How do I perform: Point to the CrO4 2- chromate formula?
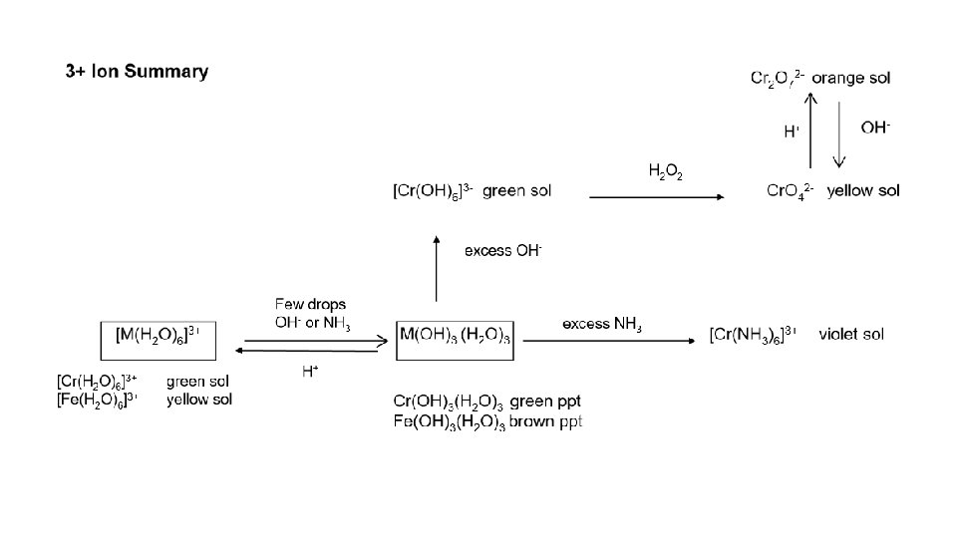click(791, 191)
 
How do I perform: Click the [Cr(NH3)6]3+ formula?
click(754, 334)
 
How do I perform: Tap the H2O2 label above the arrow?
click(666, 171)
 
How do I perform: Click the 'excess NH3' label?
click(602, 324)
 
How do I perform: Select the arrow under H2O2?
click(657, 198)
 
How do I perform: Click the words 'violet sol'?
click(850, 334)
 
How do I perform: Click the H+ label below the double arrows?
click(310, 372)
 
